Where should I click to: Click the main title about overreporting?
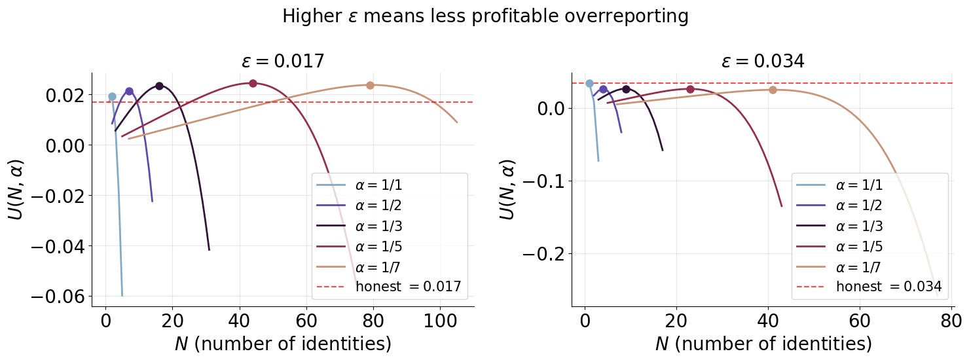click(x=484, y=16)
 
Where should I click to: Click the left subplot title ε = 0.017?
click(x=283, y=62)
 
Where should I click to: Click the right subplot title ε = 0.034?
click(x=763, y=62)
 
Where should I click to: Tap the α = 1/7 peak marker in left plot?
click(x=370, y=85)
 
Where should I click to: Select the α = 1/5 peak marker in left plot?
click(x=253, y=83)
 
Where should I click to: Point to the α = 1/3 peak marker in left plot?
click(x=159, y=86)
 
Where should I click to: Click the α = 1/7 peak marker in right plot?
click(x=773, y=90)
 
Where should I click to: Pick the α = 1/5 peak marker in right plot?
click(x=690, y=89)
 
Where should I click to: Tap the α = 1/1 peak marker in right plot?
click(x=589, y=83)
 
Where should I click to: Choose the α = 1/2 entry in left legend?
click(x=378, y=205)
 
